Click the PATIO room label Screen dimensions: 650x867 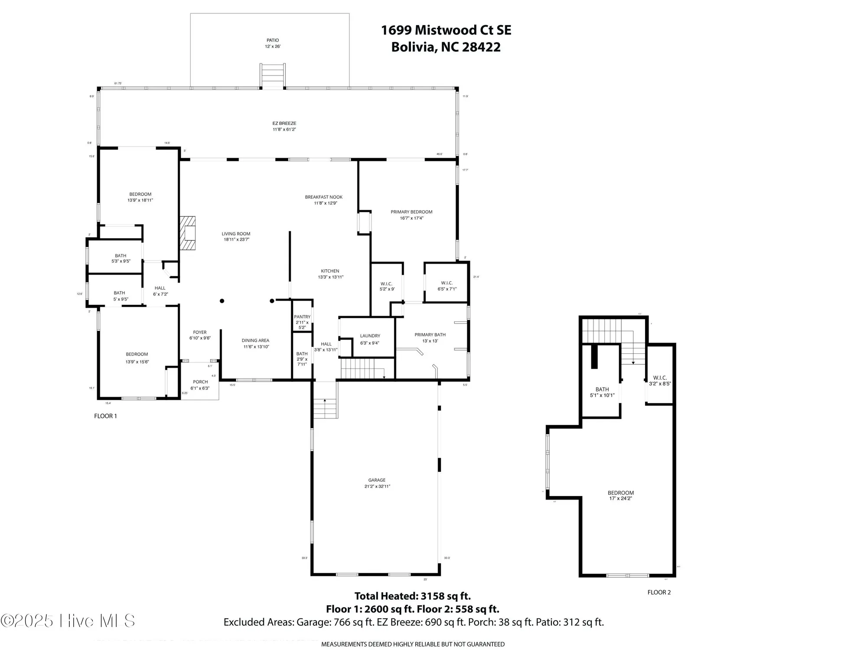pos(273,40)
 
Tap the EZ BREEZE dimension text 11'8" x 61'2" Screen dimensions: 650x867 pos(284,130)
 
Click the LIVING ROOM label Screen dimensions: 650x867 pos(236,234)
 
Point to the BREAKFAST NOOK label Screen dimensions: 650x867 pos(323,197)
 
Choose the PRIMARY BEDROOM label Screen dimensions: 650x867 pos(411,212)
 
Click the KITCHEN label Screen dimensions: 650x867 pos(330,271)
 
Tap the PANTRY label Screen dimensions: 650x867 pos(302,317)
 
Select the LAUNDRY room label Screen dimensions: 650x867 pos(370,336)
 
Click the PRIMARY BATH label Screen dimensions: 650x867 pos(430,335)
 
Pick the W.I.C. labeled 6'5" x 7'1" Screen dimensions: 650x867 pos(447,283)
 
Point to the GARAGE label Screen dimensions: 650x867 pos(377,480)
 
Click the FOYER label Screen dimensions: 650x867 pos(200,333)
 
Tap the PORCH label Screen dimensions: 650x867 pos(200,382)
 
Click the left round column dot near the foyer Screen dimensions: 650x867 pos(222,301)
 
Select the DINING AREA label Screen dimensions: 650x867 pos(255,341)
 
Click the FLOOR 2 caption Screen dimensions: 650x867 pos(659,592)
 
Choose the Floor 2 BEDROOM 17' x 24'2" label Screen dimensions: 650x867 pos(620,493)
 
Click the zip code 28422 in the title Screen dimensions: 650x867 pos(481,47)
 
